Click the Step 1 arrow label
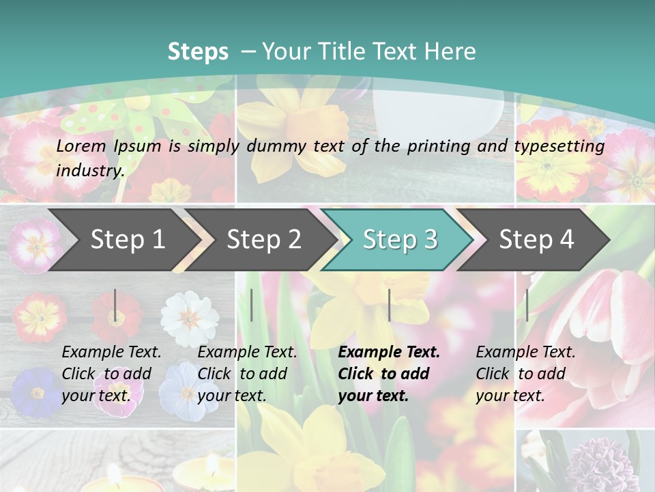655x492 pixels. click(128, 239)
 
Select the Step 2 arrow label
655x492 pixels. click(264, 239)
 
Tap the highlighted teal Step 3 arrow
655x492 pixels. click(400, 239)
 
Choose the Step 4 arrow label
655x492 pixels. click(536, 239)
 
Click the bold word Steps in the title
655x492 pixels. click(198, 51)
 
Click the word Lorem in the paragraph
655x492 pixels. click(82, 146)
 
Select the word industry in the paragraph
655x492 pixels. click(90, 170)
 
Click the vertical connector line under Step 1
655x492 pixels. click(115, 305)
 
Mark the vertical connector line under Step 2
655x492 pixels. click(252, 305)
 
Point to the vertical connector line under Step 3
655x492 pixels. click(390, 305)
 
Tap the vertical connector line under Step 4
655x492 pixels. click(527, 305)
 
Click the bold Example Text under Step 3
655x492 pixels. click(389, 352)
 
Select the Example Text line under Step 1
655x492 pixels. click(111, 352)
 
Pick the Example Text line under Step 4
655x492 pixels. click(525, 352)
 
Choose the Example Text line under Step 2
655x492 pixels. click(247, 352)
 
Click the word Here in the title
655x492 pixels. click(450, 51)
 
